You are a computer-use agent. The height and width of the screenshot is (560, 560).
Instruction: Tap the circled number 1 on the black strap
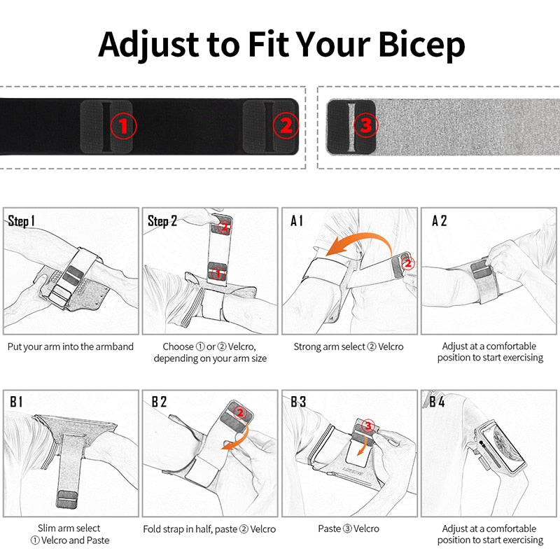[124, 126]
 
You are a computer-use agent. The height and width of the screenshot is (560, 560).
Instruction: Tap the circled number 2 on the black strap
[286, 126]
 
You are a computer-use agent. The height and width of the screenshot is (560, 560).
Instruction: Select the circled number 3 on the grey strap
[365, 126]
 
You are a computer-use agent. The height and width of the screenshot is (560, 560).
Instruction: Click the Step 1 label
[22, 221]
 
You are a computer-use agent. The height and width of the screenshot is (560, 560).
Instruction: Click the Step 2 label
[162, 221]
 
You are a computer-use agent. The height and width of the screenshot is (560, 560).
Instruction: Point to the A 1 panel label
[297, 221]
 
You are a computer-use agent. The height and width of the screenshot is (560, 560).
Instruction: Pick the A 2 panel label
[439, 221]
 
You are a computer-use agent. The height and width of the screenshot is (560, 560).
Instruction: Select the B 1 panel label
[16, 402]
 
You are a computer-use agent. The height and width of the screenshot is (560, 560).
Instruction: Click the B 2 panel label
[159, 402]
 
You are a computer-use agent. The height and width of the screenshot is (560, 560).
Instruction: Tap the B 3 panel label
[299, 402]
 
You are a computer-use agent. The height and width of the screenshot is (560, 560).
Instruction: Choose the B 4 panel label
[437, 402]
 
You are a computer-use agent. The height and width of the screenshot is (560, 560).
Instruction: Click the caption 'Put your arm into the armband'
[71, 346]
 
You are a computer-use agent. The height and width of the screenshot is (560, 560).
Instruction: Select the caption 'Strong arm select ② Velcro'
[349, 346]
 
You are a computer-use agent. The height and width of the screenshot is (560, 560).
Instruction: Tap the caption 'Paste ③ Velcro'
[349, 528]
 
